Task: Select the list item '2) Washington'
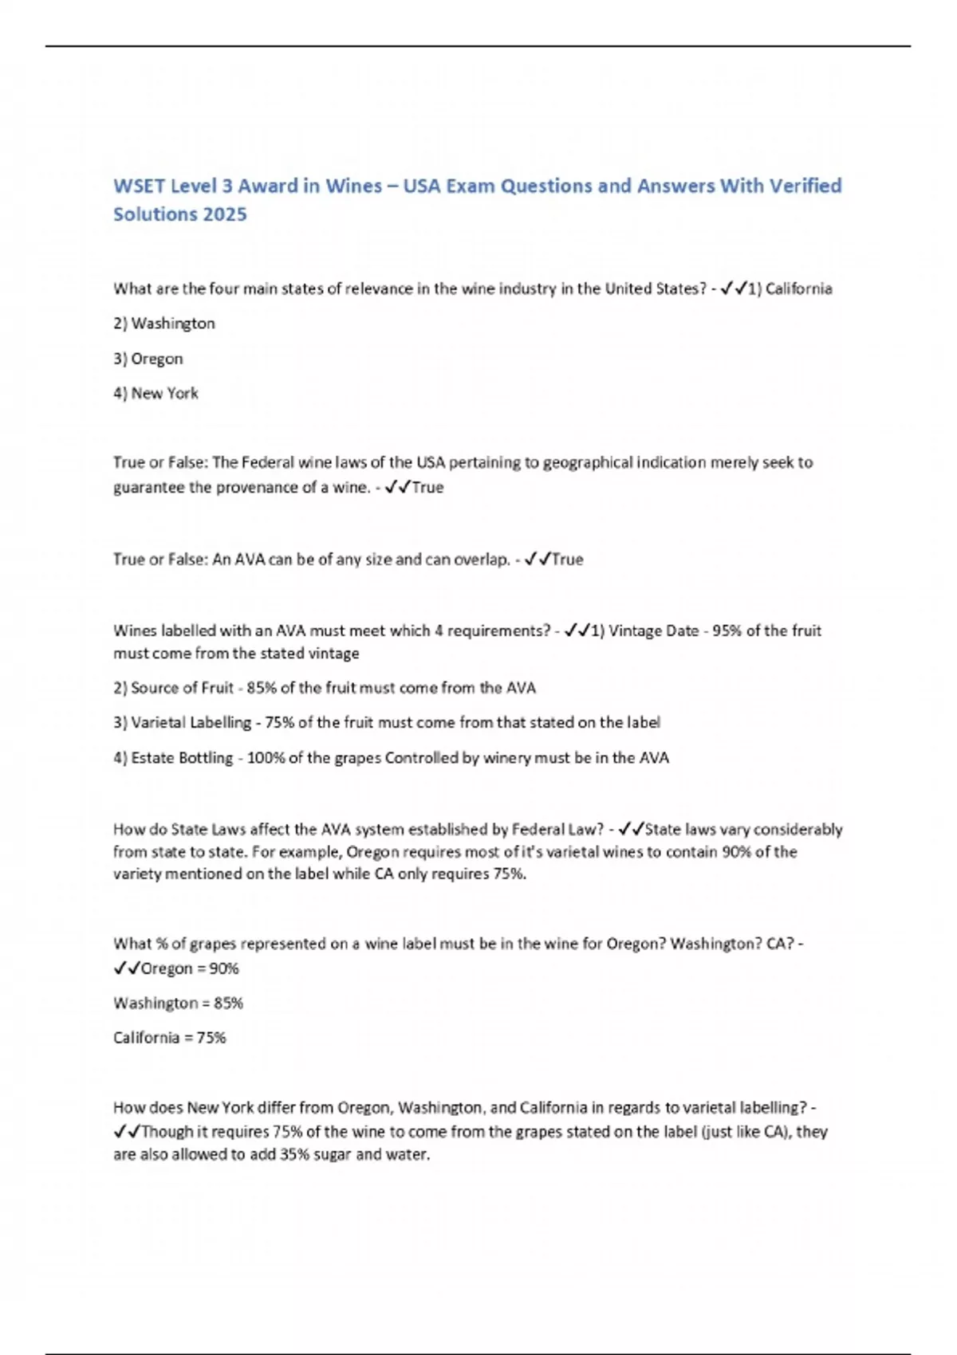click(x=164, y=324)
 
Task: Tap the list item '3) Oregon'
click(x=148, y=359)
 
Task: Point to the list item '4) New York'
click(x=156, y=394)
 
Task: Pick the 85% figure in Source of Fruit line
click(x=261, y=688)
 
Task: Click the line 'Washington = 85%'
click(x=178, y=1003)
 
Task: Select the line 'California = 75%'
click(x=169, y=1038)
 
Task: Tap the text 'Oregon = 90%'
click(x=190, y=968)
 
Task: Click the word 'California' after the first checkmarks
click(x=798, y=289)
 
